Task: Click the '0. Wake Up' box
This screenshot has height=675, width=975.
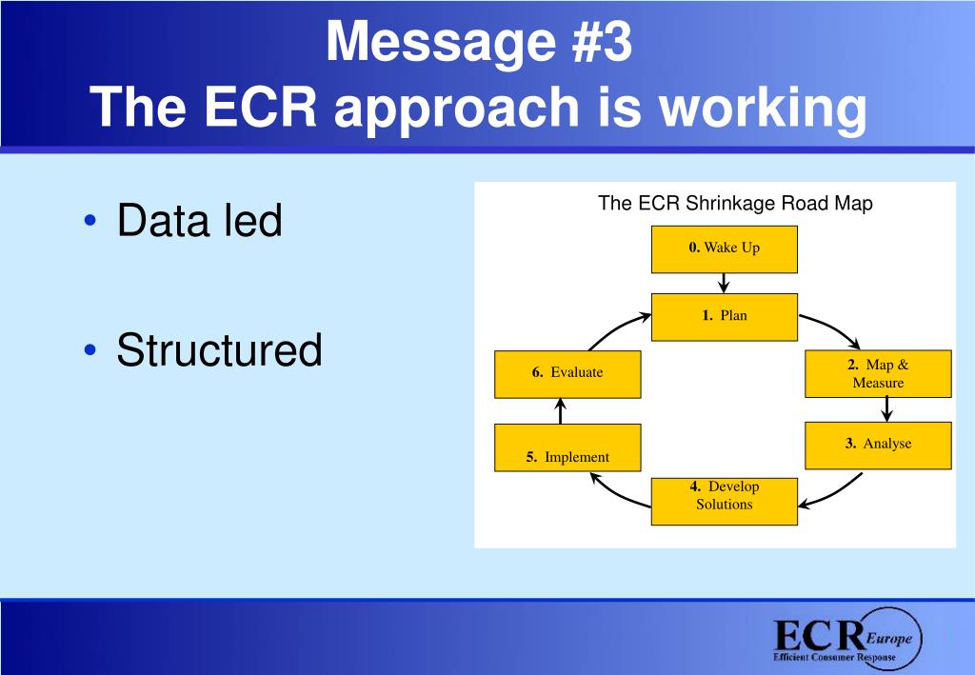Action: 724,249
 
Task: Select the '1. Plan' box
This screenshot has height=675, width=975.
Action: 724,316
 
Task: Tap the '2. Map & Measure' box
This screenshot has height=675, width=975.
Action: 878,374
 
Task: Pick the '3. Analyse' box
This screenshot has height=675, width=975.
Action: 878,445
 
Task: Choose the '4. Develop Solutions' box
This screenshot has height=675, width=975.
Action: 724,501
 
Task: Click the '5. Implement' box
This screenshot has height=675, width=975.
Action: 567,447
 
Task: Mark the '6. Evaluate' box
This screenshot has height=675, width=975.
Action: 567,374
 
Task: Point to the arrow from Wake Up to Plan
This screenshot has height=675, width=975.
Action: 724,283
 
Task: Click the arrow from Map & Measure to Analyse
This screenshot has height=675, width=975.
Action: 886,409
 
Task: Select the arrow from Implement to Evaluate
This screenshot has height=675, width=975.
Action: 560,411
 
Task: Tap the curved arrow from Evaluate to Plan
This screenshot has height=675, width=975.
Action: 613,329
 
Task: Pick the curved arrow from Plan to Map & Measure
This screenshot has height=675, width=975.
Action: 832,329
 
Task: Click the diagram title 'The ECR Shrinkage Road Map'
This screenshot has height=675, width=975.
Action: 735,203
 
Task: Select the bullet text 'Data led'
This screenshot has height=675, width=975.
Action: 199,221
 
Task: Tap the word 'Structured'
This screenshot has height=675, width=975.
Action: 219,350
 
